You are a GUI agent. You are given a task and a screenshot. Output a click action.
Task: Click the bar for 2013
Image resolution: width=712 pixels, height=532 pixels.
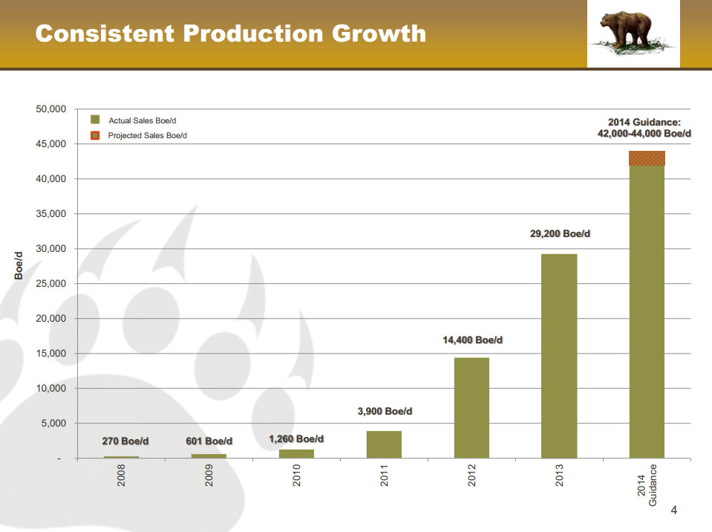tap(559, 356)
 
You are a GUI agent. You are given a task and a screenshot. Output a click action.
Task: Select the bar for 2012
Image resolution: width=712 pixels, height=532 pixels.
tap(471, 407)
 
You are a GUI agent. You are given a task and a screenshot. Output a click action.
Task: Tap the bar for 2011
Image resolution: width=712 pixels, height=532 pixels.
tap(384, 444)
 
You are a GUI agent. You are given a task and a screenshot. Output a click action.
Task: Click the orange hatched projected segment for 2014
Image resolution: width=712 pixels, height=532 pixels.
tap(647, 158)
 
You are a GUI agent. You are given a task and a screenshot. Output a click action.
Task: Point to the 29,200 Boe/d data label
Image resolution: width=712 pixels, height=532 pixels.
tap(560, 233)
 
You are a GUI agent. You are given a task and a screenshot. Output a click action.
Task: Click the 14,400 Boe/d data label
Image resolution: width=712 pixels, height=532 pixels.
tap(472, 340)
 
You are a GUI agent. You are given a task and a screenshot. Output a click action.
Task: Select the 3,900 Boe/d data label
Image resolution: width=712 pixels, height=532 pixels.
tap(385, 411)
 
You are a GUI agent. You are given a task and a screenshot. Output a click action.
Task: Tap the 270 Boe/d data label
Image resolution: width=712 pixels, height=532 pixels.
tap(125, 441)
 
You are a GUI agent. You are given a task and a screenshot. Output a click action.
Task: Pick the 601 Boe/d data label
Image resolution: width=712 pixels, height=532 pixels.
tap(209, 441)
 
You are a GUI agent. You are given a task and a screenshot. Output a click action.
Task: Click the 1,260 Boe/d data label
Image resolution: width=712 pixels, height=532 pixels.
tap(296, 438)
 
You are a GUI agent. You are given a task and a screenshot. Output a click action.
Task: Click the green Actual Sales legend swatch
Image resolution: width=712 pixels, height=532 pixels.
tap(95, 120)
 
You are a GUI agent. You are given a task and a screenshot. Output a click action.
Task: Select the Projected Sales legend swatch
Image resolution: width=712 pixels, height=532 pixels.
tap(95, 135)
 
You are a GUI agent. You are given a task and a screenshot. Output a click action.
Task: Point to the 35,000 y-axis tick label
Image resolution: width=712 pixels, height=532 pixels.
tap(50, 213)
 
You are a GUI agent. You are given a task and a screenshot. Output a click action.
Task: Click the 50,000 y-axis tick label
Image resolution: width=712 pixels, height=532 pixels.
tap(50, 109)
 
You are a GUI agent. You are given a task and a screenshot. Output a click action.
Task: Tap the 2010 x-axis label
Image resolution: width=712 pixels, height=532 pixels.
tap(296, 476)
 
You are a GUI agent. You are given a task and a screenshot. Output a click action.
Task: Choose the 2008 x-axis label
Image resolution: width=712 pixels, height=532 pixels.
tap(121, 476)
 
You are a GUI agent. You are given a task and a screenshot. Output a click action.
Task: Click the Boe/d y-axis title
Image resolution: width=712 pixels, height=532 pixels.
tap(19, 266)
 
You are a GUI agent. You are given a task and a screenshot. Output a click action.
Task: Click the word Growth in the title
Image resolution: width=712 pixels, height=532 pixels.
tap(379, 33)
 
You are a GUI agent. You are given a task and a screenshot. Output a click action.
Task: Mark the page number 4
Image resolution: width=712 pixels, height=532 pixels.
tap(674, 510)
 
